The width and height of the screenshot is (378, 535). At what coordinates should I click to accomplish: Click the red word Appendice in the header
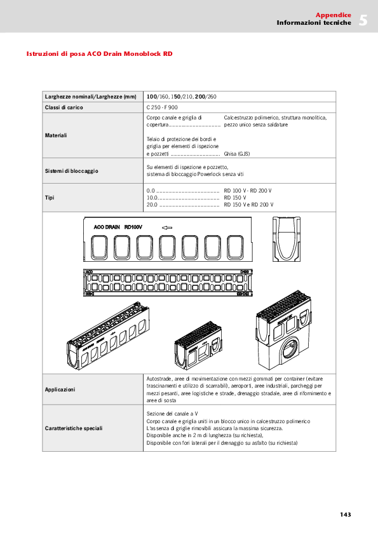[333, 15]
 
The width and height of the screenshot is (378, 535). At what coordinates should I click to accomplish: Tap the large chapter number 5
[363, 20]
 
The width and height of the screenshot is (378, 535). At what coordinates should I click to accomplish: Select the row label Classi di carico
[64, 107]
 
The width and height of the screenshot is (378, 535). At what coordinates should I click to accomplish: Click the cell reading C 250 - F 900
[163, 107]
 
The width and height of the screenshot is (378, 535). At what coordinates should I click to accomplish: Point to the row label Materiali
[56, 135]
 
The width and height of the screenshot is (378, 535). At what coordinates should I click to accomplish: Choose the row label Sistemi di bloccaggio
[71, 170]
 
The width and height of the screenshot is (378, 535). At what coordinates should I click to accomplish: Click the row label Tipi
[50, 198]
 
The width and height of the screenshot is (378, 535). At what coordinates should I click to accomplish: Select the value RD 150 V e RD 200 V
[248, 205]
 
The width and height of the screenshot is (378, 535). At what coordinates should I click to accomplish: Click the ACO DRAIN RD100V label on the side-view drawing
[118, 226]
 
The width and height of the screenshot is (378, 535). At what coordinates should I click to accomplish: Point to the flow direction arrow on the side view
[167, 226]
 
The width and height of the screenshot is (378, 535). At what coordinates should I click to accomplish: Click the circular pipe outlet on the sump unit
[294, 348]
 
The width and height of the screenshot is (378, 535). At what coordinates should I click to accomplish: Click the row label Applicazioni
[60, 389]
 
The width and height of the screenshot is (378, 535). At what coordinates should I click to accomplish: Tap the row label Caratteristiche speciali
[74, 428]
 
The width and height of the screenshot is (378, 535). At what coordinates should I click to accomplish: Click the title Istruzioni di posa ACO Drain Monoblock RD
[99, 54]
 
